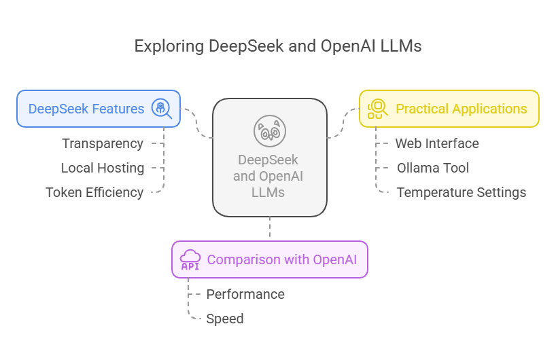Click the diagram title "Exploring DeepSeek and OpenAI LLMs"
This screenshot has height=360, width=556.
tap(278, 46)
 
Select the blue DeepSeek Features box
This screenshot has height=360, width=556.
tap(99, 109)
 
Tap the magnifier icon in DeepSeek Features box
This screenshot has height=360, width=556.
tap(161, 109)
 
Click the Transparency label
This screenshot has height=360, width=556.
tap(103, 143)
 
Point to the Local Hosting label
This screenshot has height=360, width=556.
tap(103, 168)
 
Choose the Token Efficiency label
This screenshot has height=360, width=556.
tap(94, 192)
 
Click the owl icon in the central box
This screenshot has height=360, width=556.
tap(270, 131)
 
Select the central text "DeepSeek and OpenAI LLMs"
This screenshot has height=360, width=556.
tap(270, 177)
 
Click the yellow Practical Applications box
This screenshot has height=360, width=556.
tap(449, 109)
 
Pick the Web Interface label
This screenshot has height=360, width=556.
tap(437, 143)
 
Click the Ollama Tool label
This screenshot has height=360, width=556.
tap(433, 168)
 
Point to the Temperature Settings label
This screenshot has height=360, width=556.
tap(461, 192)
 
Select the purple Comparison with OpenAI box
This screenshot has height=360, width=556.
tap(270, 259)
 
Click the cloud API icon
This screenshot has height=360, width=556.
tap(190, 259)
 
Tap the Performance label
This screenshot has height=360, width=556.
tap(245, 294)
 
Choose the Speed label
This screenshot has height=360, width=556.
tap(225, 319)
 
